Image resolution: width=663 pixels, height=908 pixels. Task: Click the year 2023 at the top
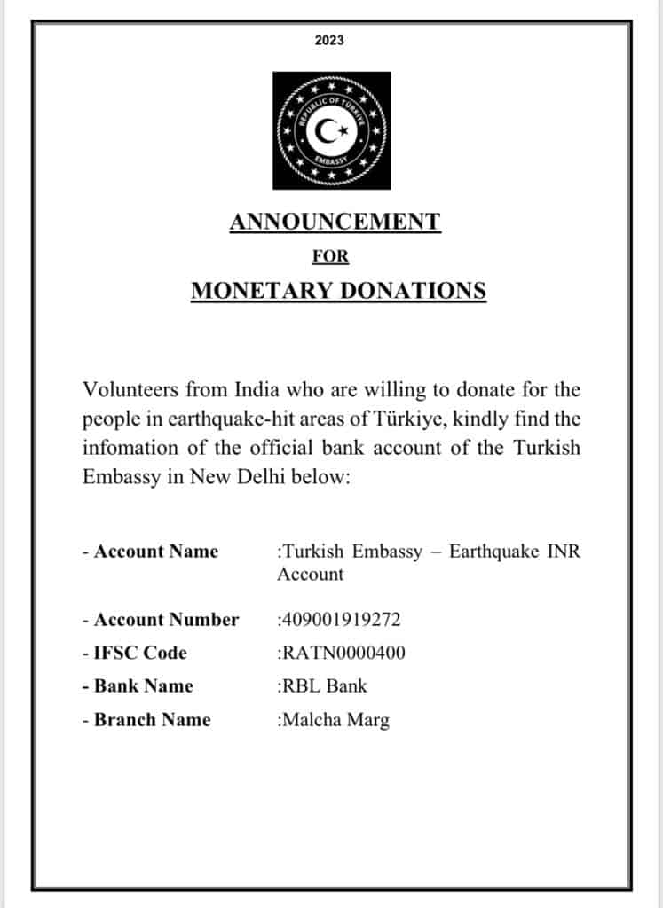point(329,40)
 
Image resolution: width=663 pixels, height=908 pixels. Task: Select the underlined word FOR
point(330,257)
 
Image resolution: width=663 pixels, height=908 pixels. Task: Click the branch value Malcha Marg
point(335,720)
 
